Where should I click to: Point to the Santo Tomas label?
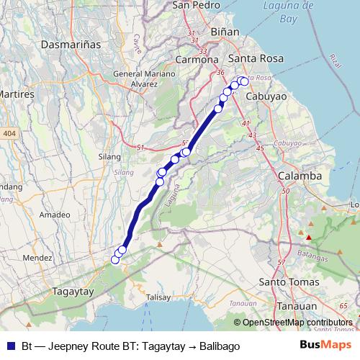(288, 282)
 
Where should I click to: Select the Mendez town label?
(37, 257)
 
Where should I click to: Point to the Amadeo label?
(55, 215)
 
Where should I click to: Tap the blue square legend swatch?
(12, 346)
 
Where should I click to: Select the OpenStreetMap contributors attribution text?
(297, 323)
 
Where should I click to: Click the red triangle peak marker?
(308, 237)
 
